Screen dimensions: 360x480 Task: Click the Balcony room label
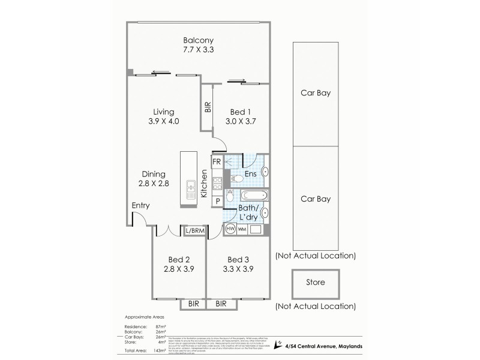(199, 41)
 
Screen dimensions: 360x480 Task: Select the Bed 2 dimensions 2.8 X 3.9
(179, 269)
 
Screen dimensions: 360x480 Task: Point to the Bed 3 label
(238, 259)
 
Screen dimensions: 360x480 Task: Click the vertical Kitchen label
(204, 184)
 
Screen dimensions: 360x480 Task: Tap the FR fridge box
(217, 162)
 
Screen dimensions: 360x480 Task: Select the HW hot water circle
(230, 228)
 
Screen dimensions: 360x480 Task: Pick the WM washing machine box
(242, 229)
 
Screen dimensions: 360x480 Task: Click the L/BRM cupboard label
(195, 230)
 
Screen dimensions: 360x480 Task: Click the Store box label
(315, 282)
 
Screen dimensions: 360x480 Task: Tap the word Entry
(140, 206)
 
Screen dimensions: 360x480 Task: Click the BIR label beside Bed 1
(208, 108)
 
